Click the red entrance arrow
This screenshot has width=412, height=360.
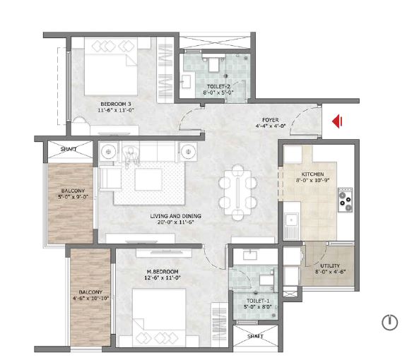(x=337, y=121)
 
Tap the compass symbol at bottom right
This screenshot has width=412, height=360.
(x=389, y=322)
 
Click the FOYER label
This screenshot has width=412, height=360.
(x=271, y=120)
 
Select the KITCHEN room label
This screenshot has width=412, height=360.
(x=312, y=174)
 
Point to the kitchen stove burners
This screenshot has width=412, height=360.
(x=345, y=200)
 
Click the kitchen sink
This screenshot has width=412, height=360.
(x=291, y=220)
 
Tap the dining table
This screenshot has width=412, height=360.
(x=237, y=189)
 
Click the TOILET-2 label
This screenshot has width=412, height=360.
(x=218, y=87)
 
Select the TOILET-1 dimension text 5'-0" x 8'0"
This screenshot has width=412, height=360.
(x=257, y=307)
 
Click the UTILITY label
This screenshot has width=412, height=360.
(x=330, y=266)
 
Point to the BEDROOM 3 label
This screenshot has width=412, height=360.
(x=116, y=104)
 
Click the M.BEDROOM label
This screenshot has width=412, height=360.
(x=163, y=272)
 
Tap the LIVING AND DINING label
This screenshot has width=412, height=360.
(x=175, y=216)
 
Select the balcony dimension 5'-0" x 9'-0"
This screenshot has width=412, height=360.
(x=73, y=197)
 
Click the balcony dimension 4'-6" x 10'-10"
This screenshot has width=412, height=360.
(x=90, y=298)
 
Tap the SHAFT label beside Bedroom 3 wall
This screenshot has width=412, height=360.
(x=69, y=150)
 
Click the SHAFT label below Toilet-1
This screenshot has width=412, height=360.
(x=255, y=336)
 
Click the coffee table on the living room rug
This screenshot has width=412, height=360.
(x=148, y=179)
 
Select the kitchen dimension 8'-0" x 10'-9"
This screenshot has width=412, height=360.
(x=312, y=180)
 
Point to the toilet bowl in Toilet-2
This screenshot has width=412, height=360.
(x=213, y=64)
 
